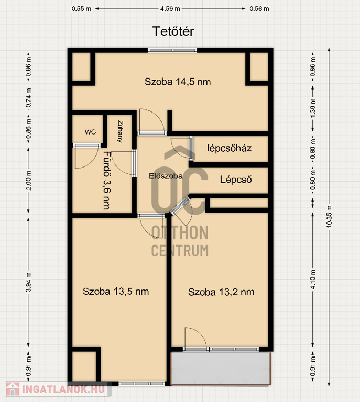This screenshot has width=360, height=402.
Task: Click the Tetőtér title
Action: coord(173,31)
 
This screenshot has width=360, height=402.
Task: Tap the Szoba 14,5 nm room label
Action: coord(178,82)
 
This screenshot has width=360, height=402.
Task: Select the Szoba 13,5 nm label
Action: coord(116,292)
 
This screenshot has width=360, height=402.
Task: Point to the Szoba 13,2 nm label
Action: coord(221,292)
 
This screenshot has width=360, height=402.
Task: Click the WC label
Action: coord(90,132)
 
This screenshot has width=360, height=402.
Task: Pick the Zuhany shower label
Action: coord(120,131)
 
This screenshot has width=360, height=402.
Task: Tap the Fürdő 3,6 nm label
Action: coord(107,181)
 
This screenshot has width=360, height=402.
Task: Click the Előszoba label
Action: coord(166,176)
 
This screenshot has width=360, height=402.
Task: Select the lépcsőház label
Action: coord(229,148)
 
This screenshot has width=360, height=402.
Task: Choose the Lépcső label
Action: coord(236,180)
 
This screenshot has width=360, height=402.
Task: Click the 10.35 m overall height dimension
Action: coord(329,217)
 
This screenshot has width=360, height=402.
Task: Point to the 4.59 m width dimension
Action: coord(170,9)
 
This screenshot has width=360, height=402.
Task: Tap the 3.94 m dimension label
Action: coord(28,282)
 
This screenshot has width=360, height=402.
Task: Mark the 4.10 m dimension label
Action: coord(313,280)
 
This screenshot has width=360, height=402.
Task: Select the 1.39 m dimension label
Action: coord(313,108)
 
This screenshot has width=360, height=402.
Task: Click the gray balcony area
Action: coord(221,368)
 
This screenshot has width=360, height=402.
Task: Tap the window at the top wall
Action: coord(172,50)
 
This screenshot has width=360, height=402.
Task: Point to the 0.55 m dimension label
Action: coord(81,9)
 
